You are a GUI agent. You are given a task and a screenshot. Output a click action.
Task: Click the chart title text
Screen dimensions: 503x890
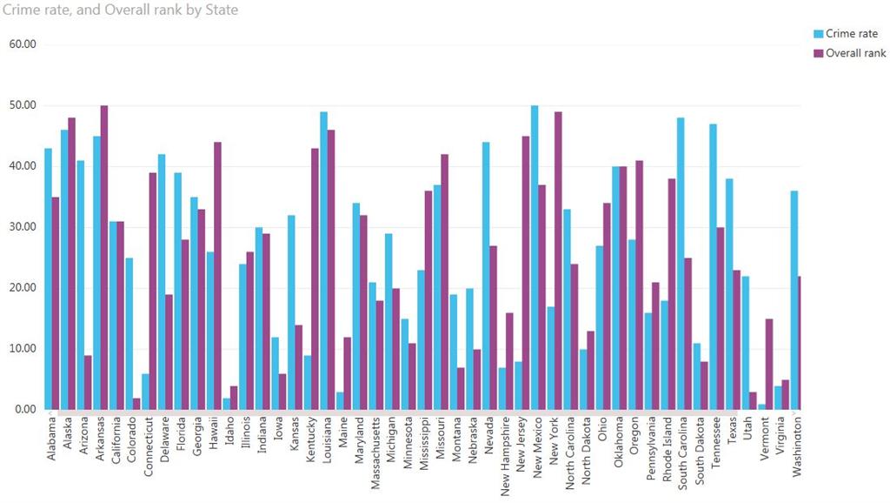121,10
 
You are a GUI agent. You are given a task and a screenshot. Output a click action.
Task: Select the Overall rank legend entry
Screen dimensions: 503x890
855,53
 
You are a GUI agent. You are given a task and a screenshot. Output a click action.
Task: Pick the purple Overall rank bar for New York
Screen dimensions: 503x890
559,261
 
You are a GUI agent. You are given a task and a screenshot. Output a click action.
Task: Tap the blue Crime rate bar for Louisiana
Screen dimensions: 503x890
323,261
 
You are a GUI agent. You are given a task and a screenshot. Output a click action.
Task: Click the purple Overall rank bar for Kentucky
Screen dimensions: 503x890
315,278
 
